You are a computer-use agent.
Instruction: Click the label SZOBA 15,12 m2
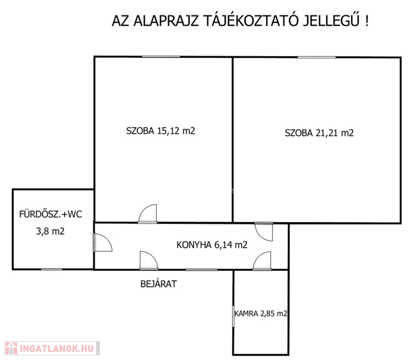[x=160, y=131]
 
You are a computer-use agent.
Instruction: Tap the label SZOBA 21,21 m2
[x=319, y=133]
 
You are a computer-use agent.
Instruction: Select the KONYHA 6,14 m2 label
[x=212, y=245]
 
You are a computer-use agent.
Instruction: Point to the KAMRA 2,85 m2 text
[x=261, y=314]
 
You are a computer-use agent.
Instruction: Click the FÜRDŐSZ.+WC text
[x=50, y=214]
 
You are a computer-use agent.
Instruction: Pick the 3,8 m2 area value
[x=50, y=231]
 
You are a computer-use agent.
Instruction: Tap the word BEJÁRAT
[x=159, y=284]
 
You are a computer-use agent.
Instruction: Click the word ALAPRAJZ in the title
[x=166, y=21]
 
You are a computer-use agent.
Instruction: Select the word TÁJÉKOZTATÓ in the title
[x=251, y=20]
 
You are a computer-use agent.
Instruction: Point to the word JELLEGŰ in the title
[x=331, y=20]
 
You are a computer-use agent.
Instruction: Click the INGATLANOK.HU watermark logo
[x=52, y=348]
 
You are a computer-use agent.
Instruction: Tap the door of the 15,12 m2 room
[x=148, y=214]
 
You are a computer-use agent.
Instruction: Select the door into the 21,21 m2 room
[x=264, y=232]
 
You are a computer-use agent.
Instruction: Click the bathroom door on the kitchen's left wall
[x=103, y=242]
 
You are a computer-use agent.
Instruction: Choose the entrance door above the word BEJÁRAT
[x=149, y=260]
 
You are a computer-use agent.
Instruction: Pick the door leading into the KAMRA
[x=262, y=261]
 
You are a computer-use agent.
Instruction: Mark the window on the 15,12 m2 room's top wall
[x=161, y=57]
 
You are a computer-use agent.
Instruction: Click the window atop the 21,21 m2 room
[x=317, y=57]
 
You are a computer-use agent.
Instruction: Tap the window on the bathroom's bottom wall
[x=52, y=270]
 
